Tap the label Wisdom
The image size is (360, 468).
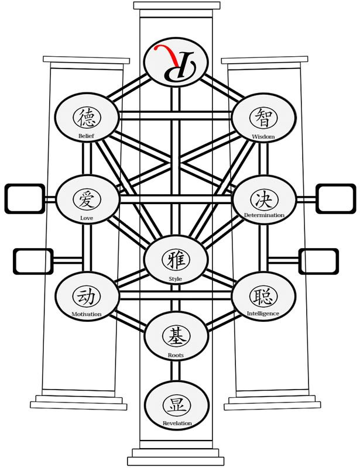click(263, 136)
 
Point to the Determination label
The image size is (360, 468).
click(264, 215)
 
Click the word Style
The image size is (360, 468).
click(175, 278)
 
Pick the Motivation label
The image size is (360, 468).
click(87, 314)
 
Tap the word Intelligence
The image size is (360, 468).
click(263, 313)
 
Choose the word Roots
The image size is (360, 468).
click(176, 355)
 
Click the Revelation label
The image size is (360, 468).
click(176, 422)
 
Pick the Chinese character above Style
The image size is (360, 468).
click(175, 258)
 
